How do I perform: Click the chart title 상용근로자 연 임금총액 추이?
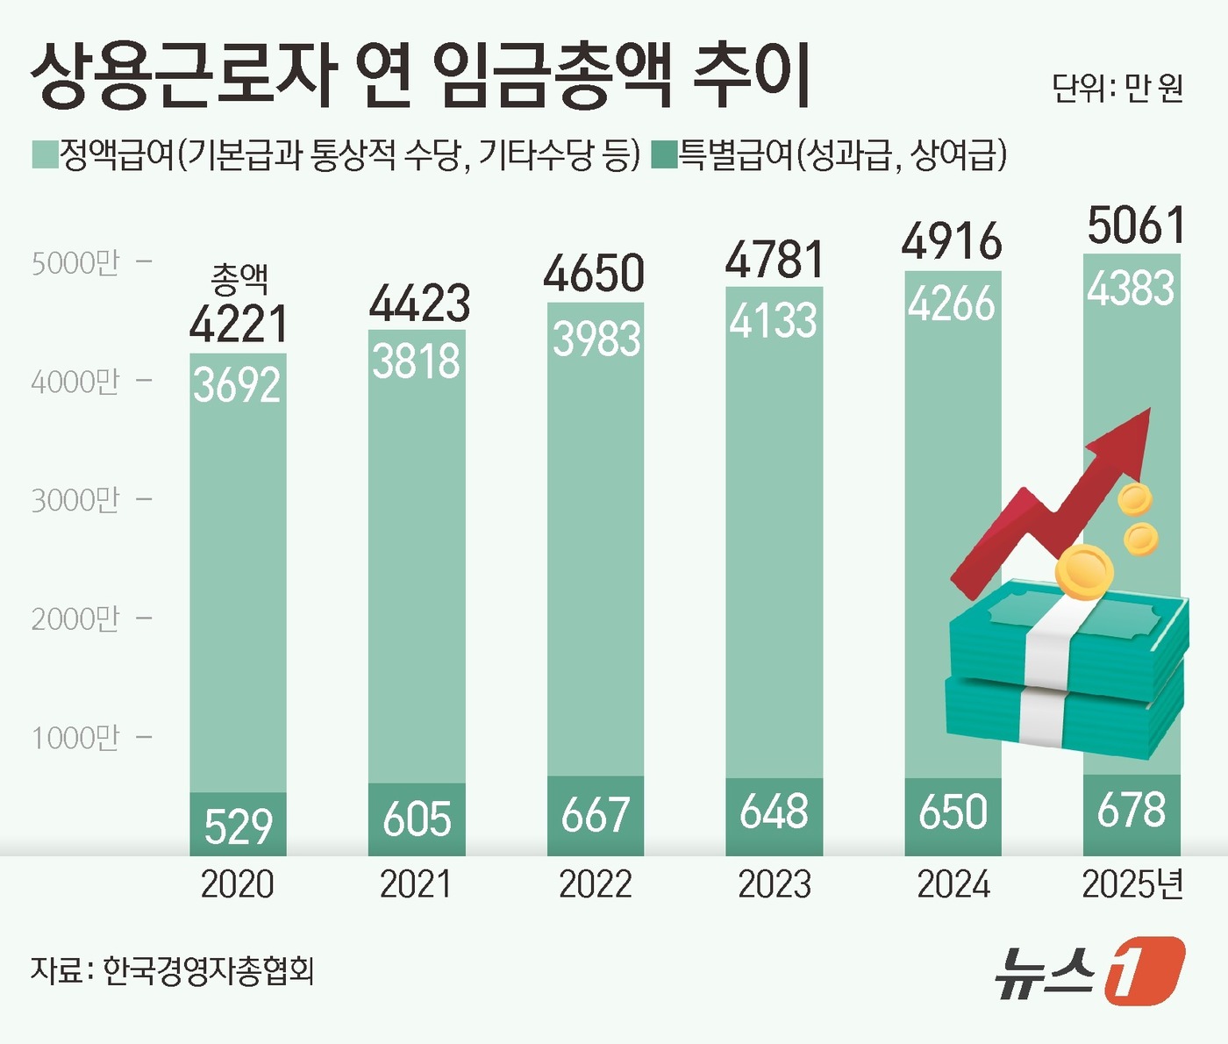point(421,77)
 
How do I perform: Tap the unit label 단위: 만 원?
point(1117,88)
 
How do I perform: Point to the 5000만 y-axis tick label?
point(75,263)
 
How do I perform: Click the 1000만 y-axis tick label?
point(75,738)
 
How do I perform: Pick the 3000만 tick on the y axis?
point(75,500)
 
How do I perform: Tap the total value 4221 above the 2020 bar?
point(239,324)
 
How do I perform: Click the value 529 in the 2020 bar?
point(239,826)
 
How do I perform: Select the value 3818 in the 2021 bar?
point(417,361)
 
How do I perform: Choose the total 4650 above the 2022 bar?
point(595,273)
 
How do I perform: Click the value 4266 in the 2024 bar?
point(952,304)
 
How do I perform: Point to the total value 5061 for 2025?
point(1136,225)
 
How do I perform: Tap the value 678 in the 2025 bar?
point(1132,810)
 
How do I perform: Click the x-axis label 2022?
point(595,884)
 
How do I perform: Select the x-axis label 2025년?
point(1132,884)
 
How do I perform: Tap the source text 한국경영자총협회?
point(209,970)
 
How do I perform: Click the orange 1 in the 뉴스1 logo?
point(1144,970)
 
